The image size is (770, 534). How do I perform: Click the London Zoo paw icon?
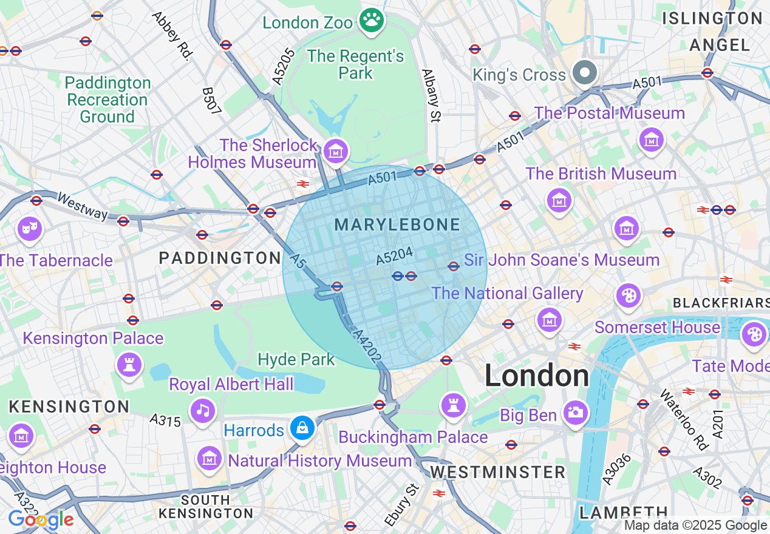click(x=371, y=21)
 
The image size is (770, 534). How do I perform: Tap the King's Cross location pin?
click(x=585, y=73)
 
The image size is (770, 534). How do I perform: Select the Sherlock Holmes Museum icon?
click(x=335, y=150)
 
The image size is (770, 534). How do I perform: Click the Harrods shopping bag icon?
click(x=301, y=428)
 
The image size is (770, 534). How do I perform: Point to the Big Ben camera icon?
click(x=575, y=412)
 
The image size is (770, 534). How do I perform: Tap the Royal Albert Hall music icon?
click(x=203, y=410)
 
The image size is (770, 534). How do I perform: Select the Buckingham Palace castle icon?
click(x=453, y=404)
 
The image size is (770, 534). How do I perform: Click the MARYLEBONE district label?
click(x=397, y=225)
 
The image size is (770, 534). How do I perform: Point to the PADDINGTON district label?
click(x=220, y=258)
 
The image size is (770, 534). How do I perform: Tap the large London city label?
click(x=536, y=376)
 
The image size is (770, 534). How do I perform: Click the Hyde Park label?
click(x=296, y=359)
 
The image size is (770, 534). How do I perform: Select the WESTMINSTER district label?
click(x=497, y=471)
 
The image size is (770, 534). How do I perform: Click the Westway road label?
click(x=82, y=206)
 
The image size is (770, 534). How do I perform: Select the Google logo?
click(x=41, y=519)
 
